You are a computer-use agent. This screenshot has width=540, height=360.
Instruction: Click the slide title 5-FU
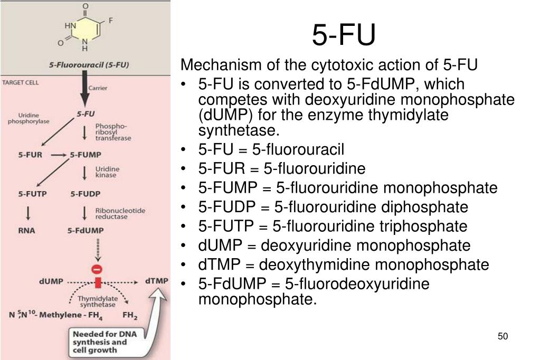344,35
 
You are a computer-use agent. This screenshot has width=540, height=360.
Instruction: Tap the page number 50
502,337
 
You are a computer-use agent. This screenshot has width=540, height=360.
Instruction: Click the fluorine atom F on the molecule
111,21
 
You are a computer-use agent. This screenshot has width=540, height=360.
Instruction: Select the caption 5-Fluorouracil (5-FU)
89,65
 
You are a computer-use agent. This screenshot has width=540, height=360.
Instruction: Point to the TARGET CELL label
21,83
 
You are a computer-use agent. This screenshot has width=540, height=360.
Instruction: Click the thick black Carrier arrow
84,93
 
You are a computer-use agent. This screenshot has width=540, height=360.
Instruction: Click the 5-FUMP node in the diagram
86,155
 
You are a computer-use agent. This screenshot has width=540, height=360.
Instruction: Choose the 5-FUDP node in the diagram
85,194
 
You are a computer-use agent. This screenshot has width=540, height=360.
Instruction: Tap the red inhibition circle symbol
97,269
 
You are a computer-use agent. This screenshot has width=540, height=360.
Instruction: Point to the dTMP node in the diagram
156,281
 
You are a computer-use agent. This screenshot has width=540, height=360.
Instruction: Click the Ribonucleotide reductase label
120,214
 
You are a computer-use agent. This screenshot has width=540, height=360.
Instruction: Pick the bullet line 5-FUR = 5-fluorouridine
282,168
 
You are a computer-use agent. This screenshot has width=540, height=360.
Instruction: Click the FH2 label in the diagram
130,316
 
